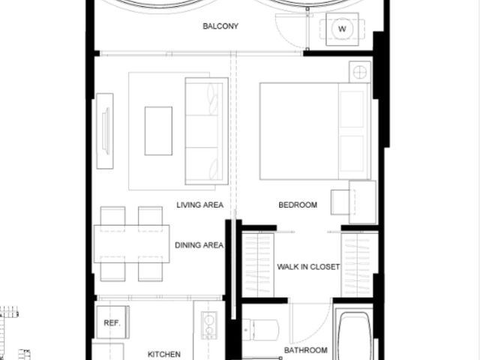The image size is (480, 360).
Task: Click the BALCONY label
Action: point(220,26)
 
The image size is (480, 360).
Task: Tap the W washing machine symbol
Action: point(342,29)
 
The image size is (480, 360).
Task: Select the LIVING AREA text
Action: point(200,205)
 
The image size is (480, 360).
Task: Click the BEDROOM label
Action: point(298,205)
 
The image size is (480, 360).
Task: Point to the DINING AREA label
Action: point(199,245)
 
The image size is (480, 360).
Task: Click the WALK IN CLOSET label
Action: point(308,267)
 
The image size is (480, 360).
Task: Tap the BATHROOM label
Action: point(305,350)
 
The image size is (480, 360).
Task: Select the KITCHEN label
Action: point(164,354)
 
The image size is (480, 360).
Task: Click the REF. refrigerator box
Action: point(112,322)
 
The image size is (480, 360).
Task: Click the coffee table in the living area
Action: point(158,131)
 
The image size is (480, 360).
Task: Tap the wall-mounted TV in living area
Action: point(105,131)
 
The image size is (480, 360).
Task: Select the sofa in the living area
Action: point(207,131)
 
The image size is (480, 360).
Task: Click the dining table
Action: point(132,244)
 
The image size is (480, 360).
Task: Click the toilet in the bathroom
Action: point(260,330)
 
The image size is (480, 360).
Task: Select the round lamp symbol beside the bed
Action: point(360,72)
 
